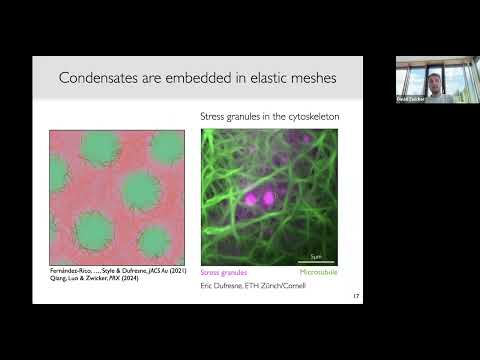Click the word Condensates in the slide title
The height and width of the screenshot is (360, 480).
pyautogui.click(x=101, y=78)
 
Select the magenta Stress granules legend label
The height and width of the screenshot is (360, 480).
pyautogui.click(x=224, y=271)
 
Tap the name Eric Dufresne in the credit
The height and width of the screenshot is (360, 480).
pyautogui.click(x=226, y=286)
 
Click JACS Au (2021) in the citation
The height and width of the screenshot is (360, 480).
pyautogui.click(x=163, y=271)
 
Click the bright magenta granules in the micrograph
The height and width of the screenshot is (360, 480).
pyautogui.click(x=267, y=197)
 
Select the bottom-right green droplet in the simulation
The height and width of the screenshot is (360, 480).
pyautogui.click(x=156, y=240)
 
